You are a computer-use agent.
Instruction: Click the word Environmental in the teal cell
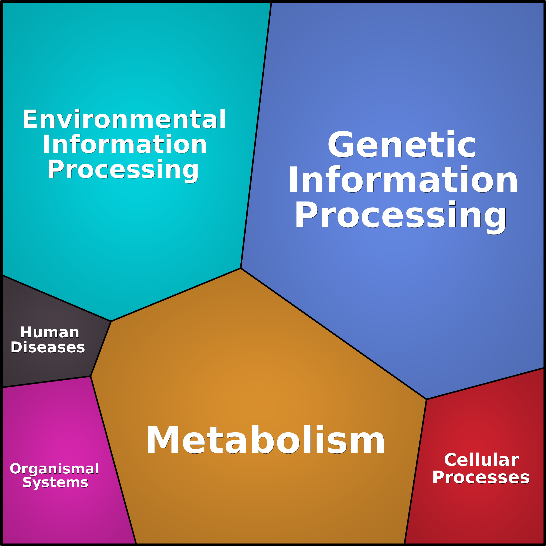pos(124,119)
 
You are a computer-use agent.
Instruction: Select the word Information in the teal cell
pos(125,144)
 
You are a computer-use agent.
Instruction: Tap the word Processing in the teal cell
pos(123,170)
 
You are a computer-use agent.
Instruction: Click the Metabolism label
pos(265,440)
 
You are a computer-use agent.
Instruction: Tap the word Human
pos(50,332)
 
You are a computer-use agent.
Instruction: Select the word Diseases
pos(48,347)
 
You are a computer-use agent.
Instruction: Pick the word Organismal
pos(54,469)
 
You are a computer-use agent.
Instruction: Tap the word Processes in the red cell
pos(481,478)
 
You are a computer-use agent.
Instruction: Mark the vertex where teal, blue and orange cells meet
pos(240,268)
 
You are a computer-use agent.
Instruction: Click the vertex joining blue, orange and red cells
pos(426,399)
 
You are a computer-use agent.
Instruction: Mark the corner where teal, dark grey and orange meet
pos(111,321)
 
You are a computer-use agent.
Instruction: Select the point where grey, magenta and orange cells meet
pos(90,376)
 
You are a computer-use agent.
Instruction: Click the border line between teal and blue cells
pos(256,135)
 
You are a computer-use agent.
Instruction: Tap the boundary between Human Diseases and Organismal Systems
pos(46,382)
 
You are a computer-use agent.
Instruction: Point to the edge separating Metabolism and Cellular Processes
pos(415,471)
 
